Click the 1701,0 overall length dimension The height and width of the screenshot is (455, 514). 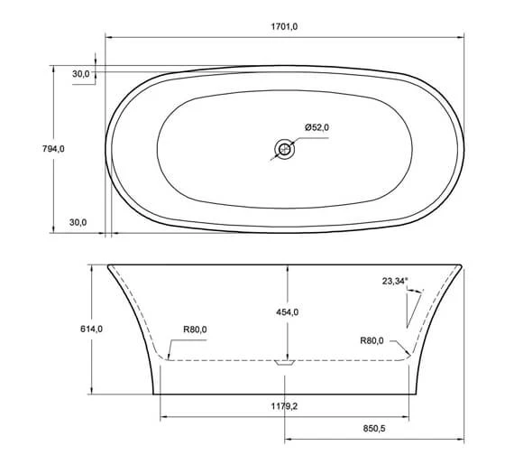click(x=284, y=26)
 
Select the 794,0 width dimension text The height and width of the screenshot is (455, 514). click(x=53, y=149)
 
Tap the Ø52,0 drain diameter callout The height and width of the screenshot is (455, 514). click(x=317, y=127)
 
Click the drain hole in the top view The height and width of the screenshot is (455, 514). click(x=285, y=149)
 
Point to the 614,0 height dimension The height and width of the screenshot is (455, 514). click(x=91, y=329)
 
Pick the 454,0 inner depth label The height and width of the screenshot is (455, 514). click(x=288, y=312)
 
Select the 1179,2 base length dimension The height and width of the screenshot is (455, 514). click(x=284, y=406)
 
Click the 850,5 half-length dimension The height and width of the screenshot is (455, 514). click(x=374, y=429)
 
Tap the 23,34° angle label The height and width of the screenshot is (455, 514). click(x=395, y=281)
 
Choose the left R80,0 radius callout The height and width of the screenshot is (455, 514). click(x=195, y=330)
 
